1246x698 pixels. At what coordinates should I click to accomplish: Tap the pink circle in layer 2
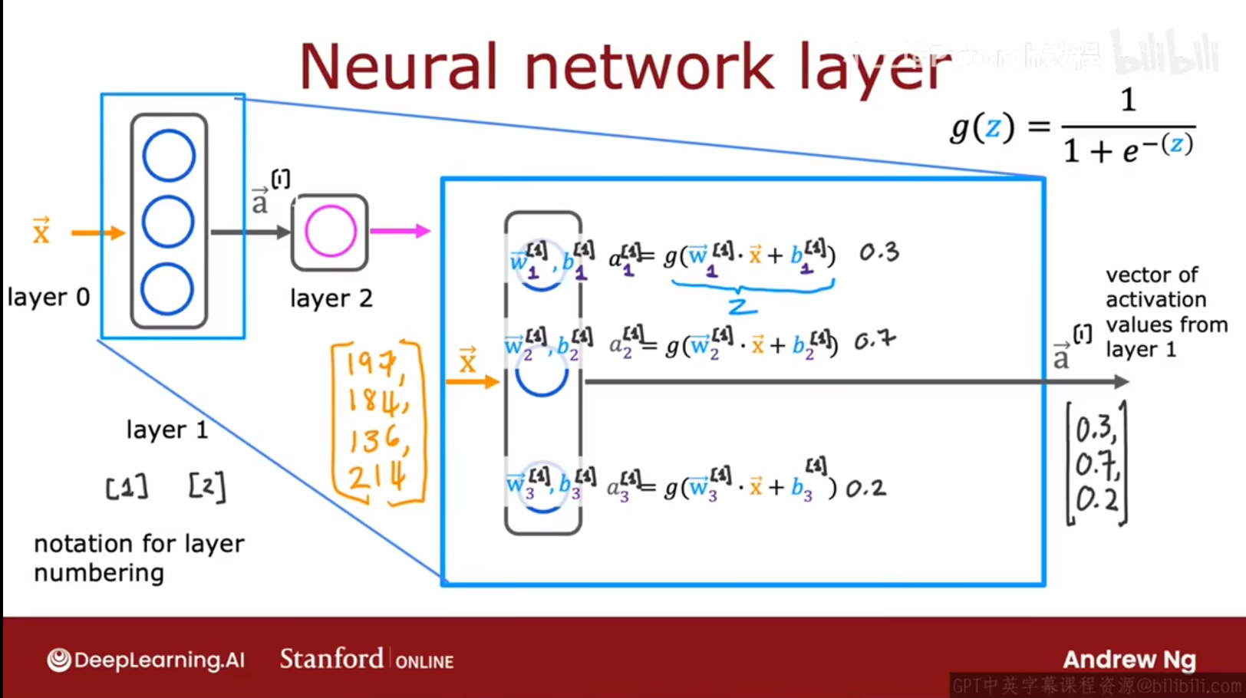pyautogui.click(x=331, y=231)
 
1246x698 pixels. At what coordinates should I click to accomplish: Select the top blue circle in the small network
pyautogui.click(x=169, y=156)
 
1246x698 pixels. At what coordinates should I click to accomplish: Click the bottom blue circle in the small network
pyautogui.click(x=167, y=289)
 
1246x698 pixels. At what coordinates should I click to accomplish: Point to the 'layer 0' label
pyautogui.click(x=48, y=297)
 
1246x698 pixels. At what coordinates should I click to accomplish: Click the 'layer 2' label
pyautogui.click(x=331, y=298)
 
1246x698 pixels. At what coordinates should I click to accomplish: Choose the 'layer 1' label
pyautogui.click(x=167, y=430)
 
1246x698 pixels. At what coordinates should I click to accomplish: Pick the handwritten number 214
pyautogui.click(x=376, y=479)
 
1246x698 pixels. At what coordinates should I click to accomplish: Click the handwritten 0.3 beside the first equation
pyautogui.click(x=878, y=252)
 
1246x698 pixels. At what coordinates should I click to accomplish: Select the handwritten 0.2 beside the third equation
pyautogui.click(x=865, y=488)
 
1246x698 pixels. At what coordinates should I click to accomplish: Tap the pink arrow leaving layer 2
pyautogui.click(x=400, y=231)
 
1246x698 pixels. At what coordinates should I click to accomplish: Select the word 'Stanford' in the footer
pyautogui.click(x=331, y=659)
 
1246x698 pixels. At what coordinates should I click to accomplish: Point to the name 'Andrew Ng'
pyautogui.click(x=1129, y=660)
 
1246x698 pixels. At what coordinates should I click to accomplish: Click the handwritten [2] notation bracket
pyautogui.click(x=207, y=486)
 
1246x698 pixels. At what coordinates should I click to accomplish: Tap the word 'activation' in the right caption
pyautogui.click(x=1155, y=299)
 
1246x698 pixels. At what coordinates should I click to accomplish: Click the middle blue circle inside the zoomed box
pyautogui.click(x=542, y=374)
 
